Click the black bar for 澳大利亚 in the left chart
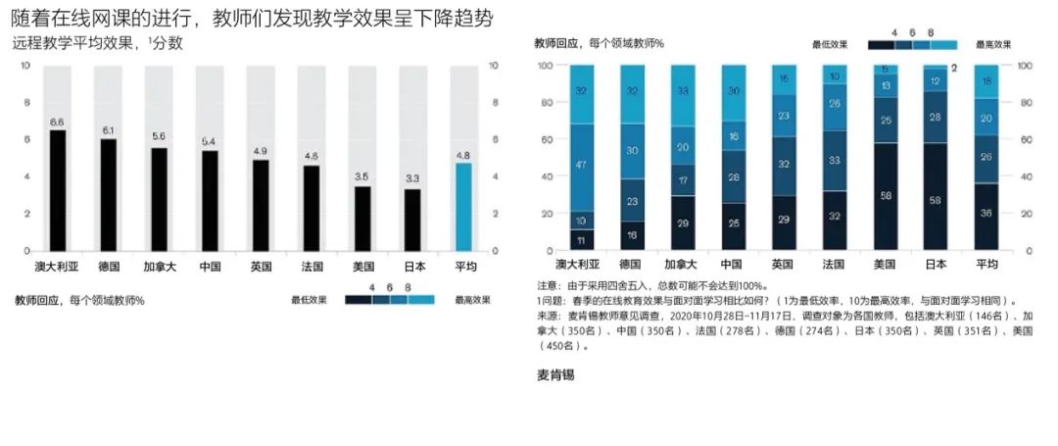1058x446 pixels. click(x=58, y=190)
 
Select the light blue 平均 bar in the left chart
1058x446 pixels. click(x=464, y=207)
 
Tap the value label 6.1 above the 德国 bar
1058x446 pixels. click(x=108, y=130)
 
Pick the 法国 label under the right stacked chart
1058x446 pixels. click(x=834, y=265)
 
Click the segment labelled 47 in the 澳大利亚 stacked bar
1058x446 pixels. click(x=582, y=166)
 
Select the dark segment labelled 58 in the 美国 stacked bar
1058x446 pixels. click(x=885, y=197)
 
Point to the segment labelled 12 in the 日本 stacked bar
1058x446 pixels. click(x=936, y=82)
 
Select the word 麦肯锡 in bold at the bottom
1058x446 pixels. click(x=555, y=375)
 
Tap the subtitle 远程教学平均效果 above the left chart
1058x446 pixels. click(x=98, y=43)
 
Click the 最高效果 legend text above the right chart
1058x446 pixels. click(x=993, y=44)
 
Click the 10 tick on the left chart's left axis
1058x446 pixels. click(x=25, y=66)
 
